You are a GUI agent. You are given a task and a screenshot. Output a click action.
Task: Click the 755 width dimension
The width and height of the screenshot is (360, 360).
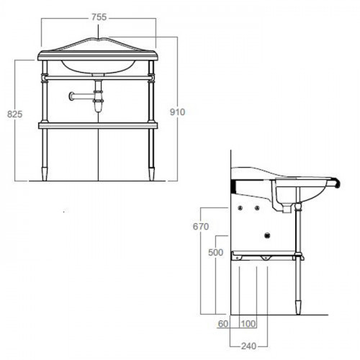[99, 17]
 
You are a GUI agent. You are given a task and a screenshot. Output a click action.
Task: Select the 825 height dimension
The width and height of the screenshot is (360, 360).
[15, 114]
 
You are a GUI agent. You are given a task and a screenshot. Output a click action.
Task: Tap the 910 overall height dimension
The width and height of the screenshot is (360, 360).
[177, 112]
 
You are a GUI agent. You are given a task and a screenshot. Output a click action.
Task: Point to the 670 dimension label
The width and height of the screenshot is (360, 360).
[201, 226]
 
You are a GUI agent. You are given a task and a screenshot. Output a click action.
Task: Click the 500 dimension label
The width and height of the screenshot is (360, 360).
[216, 252]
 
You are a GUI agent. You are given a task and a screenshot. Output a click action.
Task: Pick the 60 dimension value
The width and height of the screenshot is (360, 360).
[223, 323]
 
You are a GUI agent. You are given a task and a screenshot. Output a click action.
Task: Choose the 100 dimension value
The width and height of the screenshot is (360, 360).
[248, 323]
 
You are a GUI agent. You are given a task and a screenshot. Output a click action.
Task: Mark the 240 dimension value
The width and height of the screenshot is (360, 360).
[248, 346]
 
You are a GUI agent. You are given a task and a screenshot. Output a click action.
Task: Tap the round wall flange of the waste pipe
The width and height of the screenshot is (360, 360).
[71, 96]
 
